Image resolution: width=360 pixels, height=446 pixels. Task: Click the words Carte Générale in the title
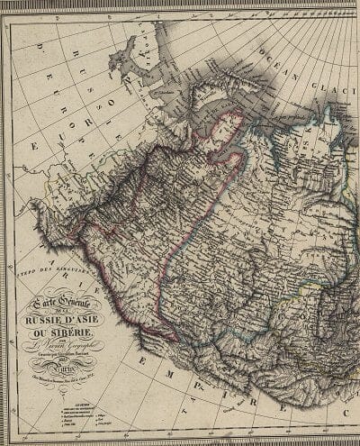pos(56,306)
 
